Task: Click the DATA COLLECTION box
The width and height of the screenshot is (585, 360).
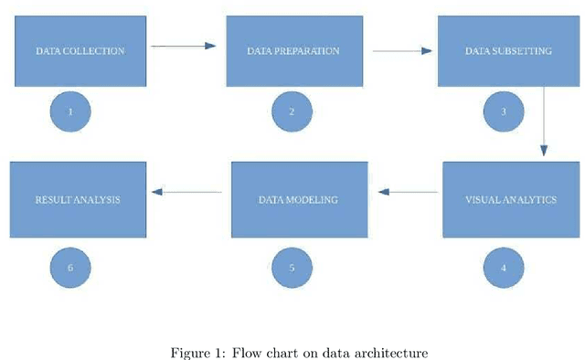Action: click(x=80, y=51)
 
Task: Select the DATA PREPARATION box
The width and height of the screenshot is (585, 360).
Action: click(x=292, y=51)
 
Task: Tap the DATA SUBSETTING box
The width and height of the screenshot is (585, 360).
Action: click(x=508, y=51)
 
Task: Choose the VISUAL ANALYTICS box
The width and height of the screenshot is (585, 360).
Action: click(x=510, y=199)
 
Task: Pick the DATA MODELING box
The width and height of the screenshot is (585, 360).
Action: click(x=298, y=199)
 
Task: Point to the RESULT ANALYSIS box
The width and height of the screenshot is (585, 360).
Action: click(x=78, y=199)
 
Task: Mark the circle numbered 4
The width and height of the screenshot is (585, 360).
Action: click(x=504, y=268)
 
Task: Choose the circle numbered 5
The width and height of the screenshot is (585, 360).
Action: click(x=292, y=268)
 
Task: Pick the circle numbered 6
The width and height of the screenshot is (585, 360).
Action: click(x=70, y=268)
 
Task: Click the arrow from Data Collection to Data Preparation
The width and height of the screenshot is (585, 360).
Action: click(x=183, y=45)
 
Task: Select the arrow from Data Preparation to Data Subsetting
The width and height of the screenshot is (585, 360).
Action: click(x=402, y=51)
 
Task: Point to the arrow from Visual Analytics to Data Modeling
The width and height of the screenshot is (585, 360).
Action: click(x=408, y=192)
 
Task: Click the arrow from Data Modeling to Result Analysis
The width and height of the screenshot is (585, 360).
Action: click(x=186, y=192)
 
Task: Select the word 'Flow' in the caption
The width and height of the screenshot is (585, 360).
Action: click(x=246, y=352)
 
